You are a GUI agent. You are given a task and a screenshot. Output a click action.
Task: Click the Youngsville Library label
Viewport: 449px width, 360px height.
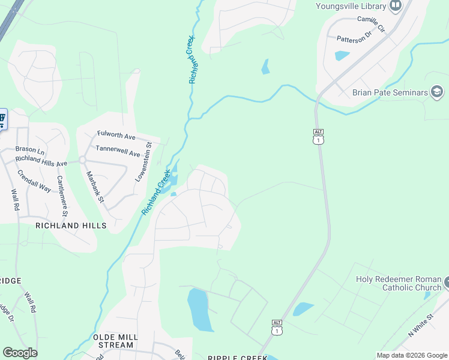351,7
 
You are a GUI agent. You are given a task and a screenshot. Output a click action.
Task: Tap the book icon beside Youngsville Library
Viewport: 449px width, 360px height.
396,7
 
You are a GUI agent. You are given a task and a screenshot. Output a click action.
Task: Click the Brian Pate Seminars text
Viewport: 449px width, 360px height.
390,92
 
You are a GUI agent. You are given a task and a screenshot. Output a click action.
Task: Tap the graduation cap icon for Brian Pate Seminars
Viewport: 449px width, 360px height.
438,92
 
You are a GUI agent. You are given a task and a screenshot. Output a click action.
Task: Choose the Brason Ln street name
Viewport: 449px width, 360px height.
30,149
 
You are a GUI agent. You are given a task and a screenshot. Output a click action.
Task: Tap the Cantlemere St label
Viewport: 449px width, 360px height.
62,195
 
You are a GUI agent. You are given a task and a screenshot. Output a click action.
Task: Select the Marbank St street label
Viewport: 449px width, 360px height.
95,187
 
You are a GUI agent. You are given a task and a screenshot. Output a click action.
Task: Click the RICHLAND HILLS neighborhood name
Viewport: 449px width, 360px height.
71,226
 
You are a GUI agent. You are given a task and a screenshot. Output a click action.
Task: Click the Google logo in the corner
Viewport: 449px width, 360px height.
20,353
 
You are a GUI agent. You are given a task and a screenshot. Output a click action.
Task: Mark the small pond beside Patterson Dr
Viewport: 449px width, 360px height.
342,56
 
